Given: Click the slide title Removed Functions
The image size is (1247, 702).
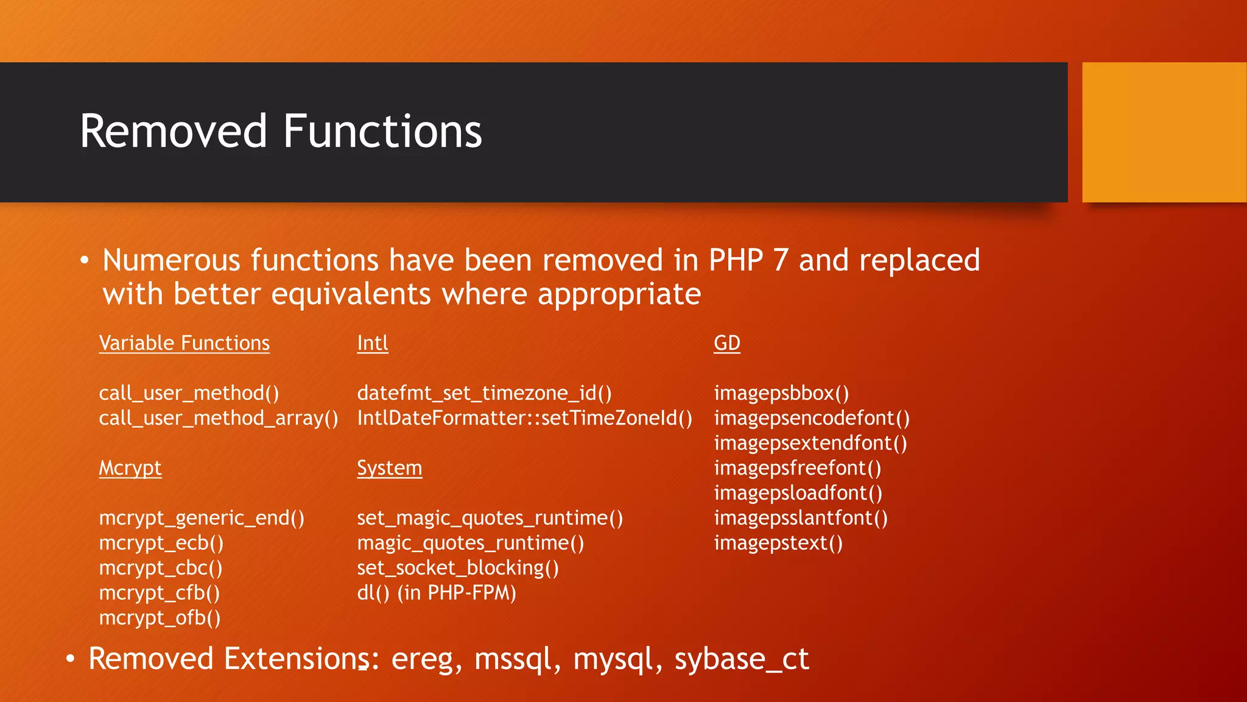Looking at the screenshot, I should [x=281, y=132].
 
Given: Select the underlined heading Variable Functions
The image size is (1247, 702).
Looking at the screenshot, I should [x=184, y=343].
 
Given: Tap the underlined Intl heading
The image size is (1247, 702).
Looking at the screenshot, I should [x=372, y=343].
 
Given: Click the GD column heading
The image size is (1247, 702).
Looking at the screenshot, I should [x=726, y=343].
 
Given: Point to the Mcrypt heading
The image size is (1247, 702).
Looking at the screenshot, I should [x=130, y=468].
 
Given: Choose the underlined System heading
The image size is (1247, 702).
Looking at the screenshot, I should [x=389, y=468].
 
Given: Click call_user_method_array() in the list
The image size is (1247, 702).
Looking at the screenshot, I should [x=218, y=418].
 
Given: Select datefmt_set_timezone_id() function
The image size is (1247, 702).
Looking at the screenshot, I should [x=484, y=393].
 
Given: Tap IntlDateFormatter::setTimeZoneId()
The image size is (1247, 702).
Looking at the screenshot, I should [x=524, y=418].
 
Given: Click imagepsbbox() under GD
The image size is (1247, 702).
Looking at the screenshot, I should [x=781, y=393].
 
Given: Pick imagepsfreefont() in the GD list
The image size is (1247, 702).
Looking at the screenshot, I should [x=797, y=468].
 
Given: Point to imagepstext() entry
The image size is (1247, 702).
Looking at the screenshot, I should [x=778, y=542].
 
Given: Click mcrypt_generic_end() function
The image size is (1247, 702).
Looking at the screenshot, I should [x=202, y=518].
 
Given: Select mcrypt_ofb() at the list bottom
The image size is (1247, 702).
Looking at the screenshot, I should [x=160, y=618].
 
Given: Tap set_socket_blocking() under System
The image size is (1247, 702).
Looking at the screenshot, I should [x=457, y=568].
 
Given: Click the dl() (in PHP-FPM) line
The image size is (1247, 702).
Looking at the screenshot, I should [x=436, y=593].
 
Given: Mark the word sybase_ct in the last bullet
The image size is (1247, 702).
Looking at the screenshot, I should [x=741, y=659].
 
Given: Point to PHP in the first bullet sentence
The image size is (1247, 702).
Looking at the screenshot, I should [x=736, y=260].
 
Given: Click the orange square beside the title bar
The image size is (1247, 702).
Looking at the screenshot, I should [x=1164, y=132].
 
